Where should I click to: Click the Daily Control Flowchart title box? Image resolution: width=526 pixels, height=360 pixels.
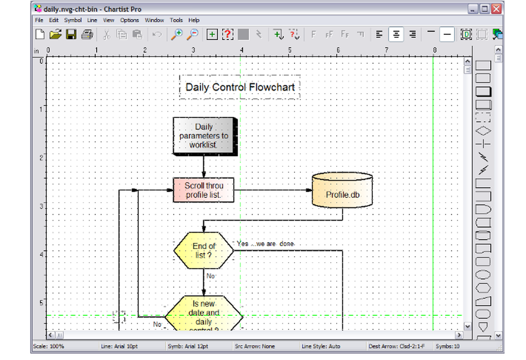pos(240,87)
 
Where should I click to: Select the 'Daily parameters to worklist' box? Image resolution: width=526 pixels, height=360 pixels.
pos(204,136)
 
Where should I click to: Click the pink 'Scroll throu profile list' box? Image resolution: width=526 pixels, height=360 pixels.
pos(204,190)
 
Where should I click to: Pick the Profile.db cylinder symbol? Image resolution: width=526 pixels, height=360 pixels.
pos(342,194)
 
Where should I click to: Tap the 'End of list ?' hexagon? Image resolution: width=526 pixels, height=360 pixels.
pos(204,250)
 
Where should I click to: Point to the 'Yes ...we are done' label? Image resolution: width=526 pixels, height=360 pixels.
pos(266,244)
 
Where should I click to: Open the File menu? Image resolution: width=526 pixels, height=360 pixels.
pos(39,20)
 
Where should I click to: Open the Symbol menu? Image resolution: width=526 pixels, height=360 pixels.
pos(73,20)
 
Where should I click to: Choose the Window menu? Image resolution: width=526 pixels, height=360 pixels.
pos(154,20)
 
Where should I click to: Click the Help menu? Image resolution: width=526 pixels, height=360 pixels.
pos(194,20)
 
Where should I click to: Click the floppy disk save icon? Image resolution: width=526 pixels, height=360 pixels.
pos(71,35)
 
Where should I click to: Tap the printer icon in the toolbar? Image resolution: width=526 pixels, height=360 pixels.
pos(87,35)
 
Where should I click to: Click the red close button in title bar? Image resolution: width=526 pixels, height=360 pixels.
pos(495,8)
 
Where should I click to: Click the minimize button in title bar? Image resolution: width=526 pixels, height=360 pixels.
pos(473,8)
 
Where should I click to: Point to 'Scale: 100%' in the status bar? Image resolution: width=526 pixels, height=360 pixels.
pos(48,346)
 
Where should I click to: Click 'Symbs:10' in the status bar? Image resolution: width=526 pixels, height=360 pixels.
pos(447,346)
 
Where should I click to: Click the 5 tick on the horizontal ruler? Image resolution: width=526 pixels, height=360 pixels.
pos(289,51)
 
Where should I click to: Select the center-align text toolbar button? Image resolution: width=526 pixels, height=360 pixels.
pos(396,35)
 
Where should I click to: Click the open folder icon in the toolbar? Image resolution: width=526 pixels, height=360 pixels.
pos(55,35)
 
